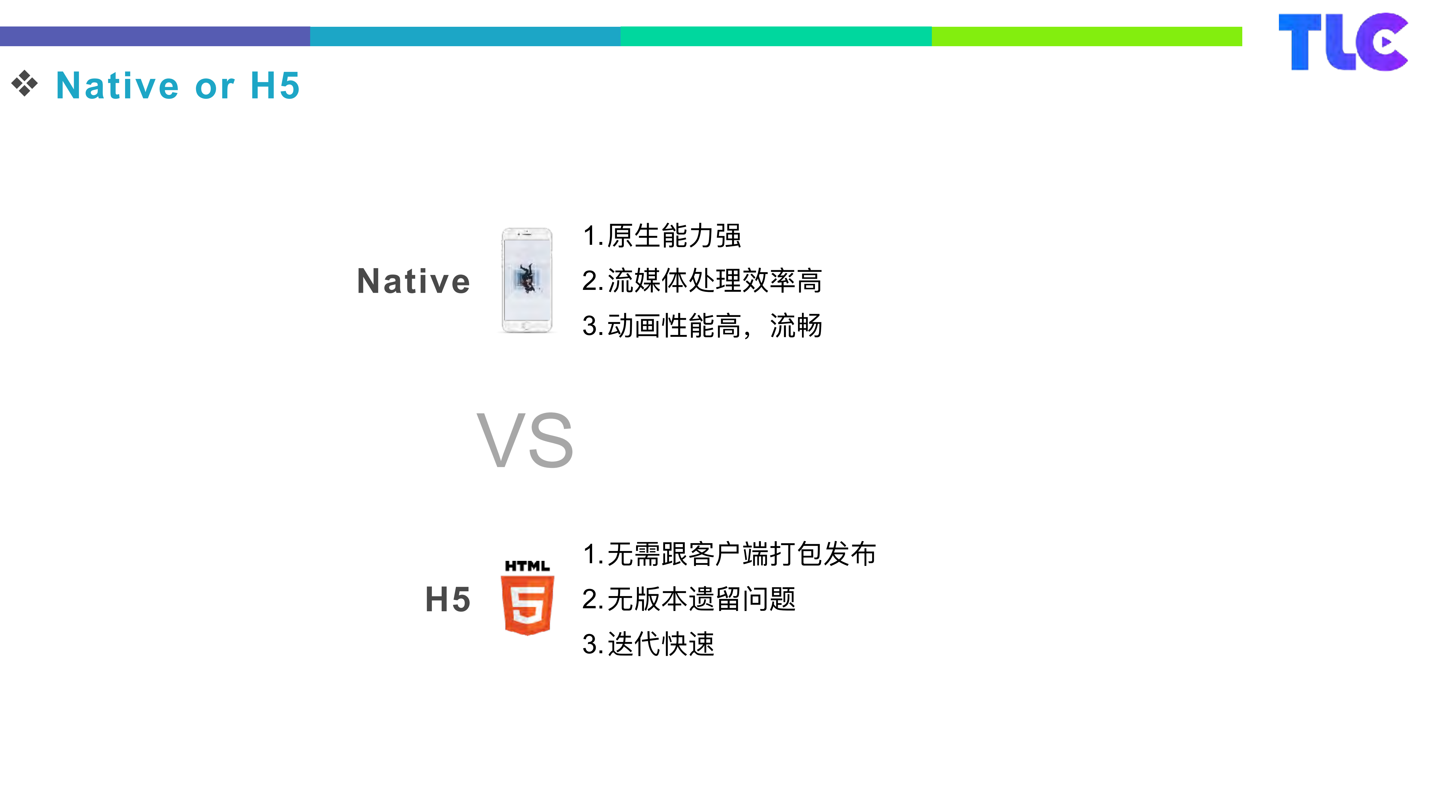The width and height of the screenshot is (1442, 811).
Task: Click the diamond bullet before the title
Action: [25, 84]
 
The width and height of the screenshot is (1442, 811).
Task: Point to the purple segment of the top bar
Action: [155, 36]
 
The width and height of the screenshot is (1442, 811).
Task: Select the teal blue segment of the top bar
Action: [465, 36]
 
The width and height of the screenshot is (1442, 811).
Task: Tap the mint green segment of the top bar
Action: [776, 36]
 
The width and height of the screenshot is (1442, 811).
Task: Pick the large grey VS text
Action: [525, 441]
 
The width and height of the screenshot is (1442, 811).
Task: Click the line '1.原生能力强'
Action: [662, 235]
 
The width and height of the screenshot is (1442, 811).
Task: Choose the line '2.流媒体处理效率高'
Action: [702, 280]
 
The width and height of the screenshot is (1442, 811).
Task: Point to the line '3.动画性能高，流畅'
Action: [702, 326]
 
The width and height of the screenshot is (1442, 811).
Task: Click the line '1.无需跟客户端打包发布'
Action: [729, 554]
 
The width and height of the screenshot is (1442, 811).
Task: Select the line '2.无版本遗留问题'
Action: [688, 599]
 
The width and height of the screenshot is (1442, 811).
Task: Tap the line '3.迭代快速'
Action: [648, 644]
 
